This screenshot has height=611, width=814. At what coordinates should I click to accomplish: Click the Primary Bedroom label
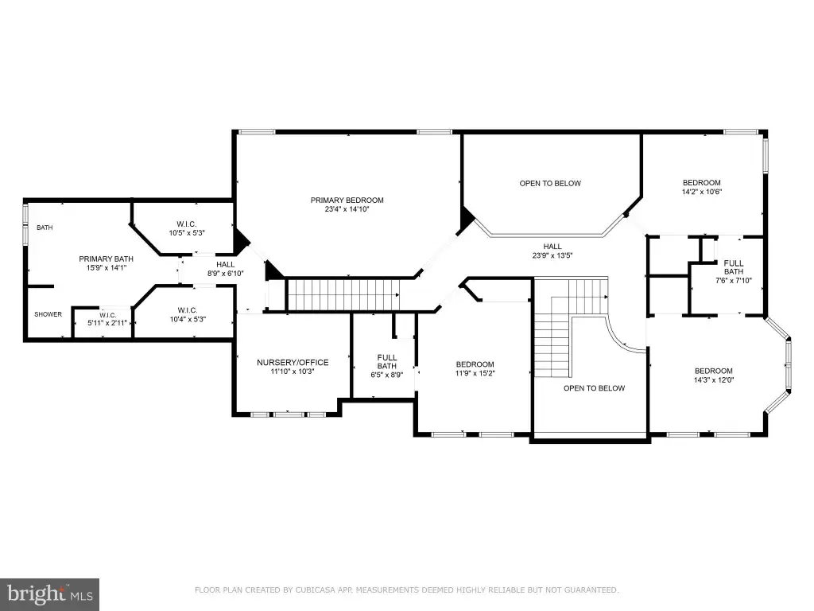pyautogui.click(x=347, y=200)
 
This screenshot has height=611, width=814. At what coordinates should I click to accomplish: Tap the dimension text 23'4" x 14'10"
pyautogui.click(x=347, y=209)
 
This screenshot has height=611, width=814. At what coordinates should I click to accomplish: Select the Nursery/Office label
pyautogui.click(x=293, y=362)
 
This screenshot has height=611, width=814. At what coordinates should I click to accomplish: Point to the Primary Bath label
pyautogui.click(x=106, y=259)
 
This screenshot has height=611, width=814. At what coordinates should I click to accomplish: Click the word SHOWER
pyautogui.click(x=48, y=314)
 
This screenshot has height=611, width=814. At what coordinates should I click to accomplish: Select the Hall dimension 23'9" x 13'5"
pyautogui.click(x=552, y=255)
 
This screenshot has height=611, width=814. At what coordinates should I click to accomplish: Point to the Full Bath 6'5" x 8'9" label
pyautogui.click(x=387, y=362)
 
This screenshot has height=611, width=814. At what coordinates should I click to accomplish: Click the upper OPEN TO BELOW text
pyautogui.click(x=550, y=184)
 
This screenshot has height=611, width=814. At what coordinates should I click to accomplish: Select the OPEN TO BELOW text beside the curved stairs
pyautogui.click(x=595, y=388)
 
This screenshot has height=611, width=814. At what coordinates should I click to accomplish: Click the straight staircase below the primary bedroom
pyautogui.click(x=343, y=294)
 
